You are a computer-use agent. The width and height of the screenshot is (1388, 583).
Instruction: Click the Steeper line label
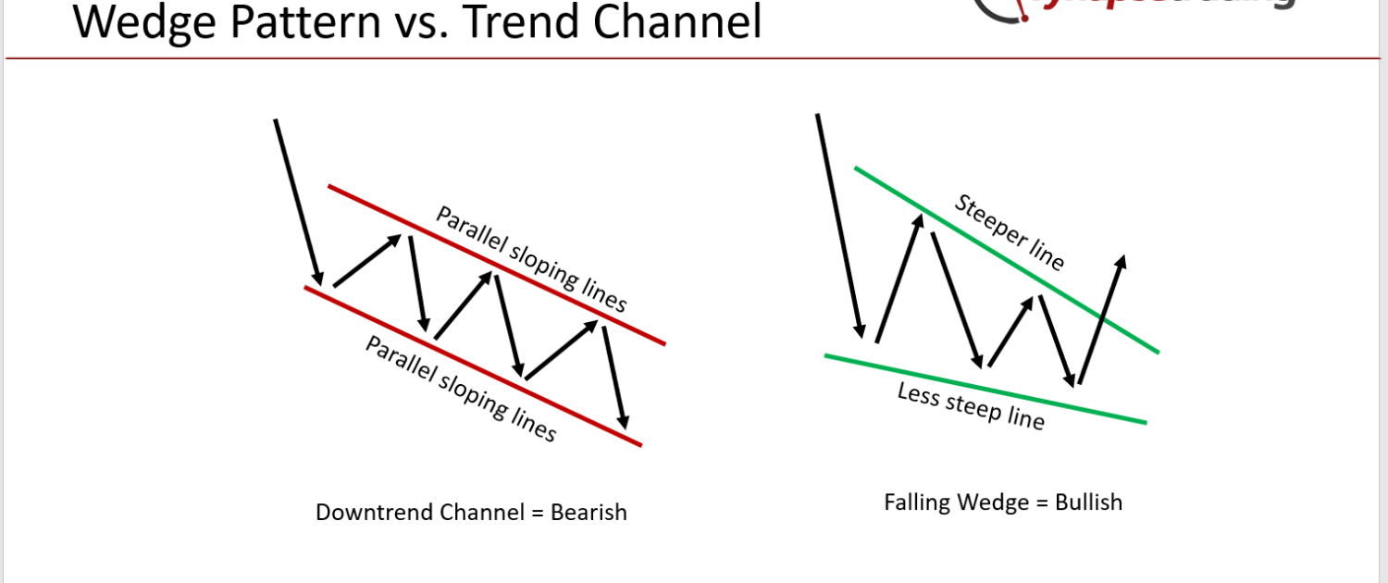tap(1009, 232)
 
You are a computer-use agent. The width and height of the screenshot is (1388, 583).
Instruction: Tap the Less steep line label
tap(971, 406)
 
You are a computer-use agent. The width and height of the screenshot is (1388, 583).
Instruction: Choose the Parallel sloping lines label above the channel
tap(531, 259)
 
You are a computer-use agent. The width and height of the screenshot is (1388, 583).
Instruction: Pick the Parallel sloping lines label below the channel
tap(460, 389)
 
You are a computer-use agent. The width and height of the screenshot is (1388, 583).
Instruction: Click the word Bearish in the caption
tap(589, 512)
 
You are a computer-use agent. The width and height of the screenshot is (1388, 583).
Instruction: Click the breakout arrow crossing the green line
tap(1102, 319)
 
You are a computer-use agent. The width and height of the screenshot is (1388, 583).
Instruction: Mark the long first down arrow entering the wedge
tap(839, 226)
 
